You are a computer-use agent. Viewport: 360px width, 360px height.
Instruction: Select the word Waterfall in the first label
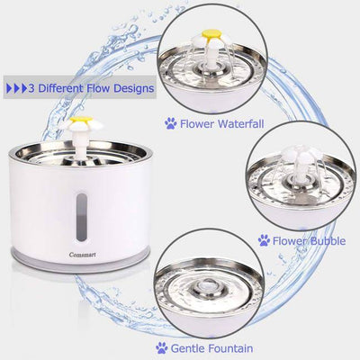236,123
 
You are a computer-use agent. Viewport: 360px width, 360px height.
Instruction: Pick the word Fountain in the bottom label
226,348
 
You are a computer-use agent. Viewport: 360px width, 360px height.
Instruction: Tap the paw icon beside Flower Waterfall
170,123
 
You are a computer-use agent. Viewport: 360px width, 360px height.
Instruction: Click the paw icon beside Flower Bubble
264,240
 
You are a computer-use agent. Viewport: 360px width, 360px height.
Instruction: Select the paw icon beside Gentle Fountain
161,348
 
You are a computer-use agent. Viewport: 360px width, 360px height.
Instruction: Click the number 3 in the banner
31,89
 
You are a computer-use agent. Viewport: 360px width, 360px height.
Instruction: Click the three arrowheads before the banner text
16,89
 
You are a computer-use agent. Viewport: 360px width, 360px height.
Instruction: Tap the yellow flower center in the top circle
210,33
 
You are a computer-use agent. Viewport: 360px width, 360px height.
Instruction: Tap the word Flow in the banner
98,89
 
